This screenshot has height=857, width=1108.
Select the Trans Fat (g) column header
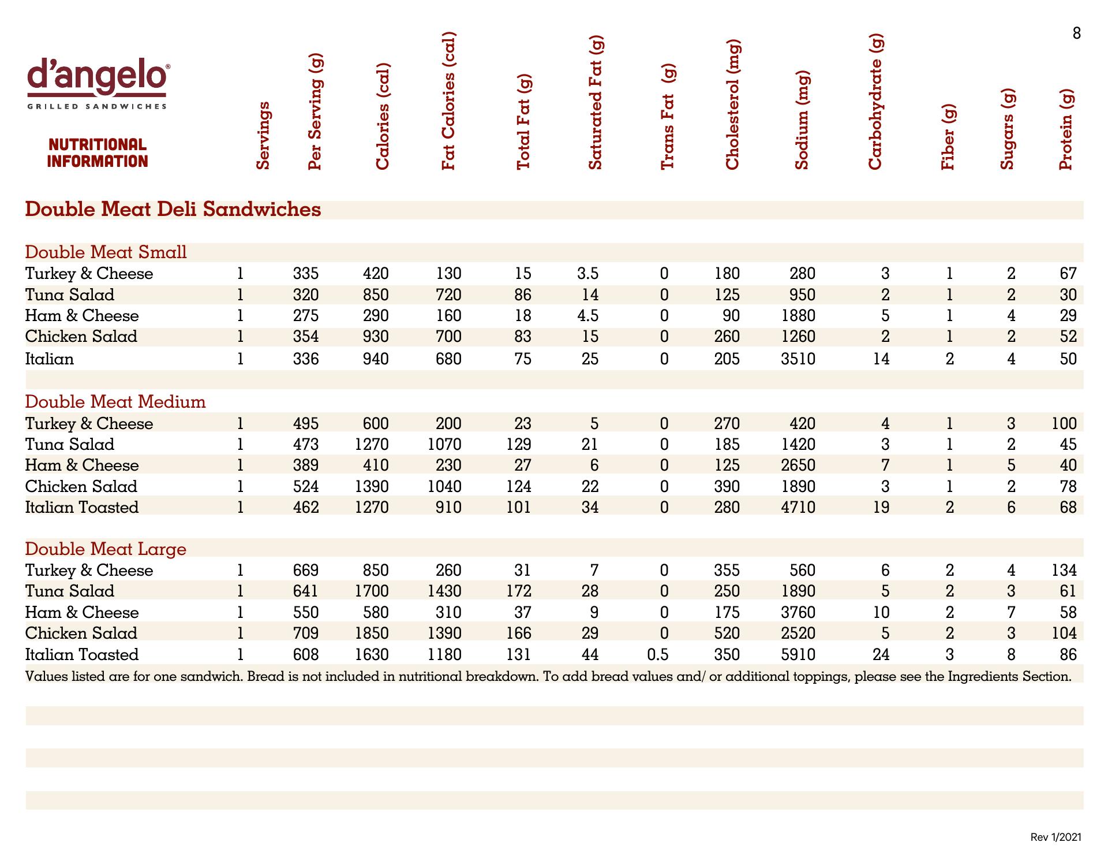tap(667, 117)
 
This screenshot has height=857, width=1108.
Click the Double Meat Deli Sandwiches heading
tap(173, 209)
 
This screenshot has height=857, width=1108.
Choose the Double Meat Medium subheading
tap(115, 402)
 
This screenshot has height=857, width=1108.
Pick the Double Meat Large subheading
tap(106, 549)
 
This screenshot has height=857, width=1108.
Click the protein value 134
tap(1064, 571)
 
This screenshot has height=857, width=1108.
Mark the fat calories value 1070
tap(444, 445)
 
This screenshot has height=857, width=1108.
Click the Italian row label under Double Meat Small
tap(50, 359)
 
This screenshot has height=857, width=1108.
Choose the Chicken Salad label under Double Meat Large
tap(81, 634)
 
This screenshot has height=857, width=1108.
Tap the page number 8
tap(1076, 33)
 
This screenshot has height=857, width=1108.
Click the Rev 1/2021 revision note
tap(1055, 837)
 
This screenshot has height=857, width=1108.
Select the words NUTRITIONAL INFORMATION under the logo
tap(98, 153)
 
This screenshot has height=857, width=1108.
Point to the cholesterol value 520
tap(727, 634)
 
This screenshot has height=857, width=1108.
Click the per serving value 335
tap(305, 274)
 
